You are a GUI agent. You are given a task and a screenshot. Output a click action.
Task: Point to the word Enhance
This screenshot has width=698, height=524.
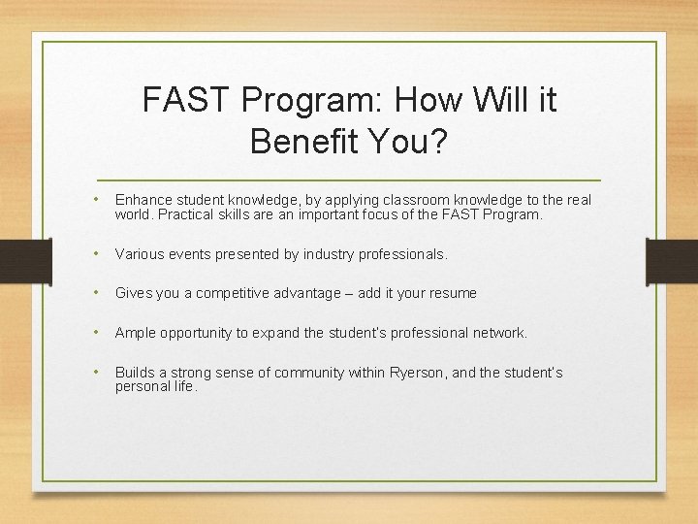click(143, 200)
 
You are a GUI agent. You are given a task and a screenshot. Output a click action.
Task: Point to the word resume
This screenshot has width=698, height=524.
click(452, 293)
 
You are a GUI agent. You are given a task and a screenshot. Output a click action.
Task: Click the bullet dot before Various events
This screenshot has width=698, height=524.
click(97, 254)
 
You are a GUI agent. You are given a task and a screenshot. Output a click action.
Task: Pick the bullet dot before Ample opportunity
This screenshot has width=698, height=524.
click(97, 333)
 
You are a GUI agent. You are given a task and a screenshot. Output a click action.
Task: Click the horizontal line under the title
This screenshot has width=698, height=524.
click(349, 181)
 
